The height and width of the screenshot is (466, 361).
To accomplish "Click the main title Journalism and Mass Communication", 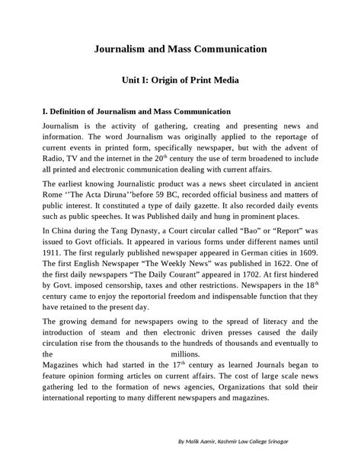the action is [180, 49].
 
